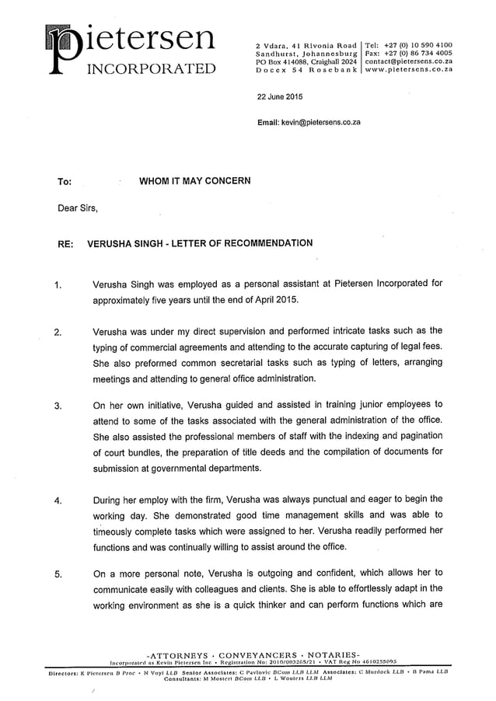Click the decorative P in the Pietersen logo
tap(65, 51)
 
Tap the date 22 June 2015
tap(280, 97)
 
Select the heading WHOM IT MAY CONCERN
tap(194, 181)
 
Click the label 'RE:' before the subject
tap(66, 244)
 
